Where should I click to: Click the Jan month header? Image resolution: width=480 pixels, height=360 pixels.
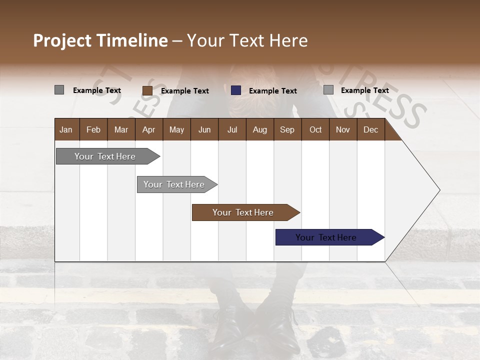(66, 129)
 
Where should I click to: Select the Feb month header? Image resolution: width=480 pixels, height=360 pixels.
(93, 129)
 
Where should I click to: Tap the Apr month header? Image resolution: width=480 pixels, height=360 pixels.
(148, 129)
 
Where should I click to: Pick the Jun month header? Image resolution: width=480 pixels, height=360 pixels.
(204, 129)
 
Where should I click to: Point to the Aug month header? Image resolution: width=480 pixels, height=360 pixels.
(259, 129)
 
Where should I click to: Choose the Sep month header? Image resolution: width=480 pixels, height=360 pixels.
(287, 129)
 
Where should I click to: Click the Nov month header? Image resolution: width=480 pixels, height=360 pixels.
(343, 129)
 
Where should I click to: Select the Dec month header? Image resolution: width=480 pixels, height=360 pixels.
(370, 129)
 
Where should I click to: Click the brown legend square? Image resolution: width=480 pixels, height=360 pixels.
(147, 90)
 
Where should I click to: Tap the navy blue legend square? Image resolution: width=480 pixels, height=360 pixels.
(236, 90)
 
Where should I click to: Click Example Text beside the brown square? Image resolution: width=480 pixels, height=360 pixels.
(184, 91)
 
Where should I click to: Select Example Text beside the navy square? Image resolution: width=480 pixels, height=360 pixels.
(272, 91)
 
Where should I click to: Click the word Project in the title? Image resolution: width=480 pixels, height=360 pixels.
(62, 40)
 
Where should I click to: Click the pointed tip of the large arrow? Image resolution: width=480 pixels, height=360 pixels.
(438, 190)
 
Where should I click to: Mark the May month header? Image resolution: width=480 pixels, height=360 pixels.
(176, 129)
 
